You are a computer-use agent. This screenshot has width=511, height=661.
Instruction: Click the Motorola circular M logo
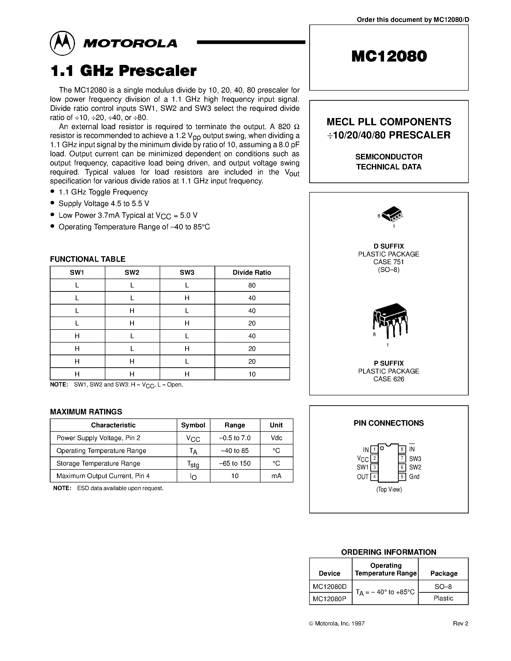click(x=62, y=43)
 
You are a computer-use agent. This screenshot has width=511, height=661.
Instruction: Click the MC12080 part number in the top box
click(x=389, y=56)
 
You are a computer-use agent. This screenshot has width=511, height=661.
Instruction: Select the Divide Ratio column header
click(x=252, y=272)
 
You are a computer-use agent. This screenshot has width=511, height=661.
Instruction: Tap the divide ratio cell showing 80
click(x=252, y=285)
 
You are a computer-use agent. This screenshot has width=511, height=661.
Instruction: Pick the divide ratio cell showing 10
click(x=252, y=374)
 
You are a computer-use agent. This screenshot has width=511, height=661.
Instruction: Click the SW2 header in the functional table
click(x=132, y=272)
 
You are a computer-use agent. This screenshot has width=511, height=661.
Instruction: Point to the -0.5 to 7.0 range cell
click(x=235, y=438)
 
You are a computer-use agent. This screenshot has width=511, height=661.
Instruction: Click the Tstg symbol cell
click(x=193, y=464)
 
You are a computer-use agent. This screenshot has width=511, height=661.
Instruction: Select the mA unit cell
click(x=276, y=476)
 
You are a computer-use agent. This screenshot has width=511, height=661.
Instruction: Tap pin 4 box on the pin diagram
click(x=374, y=477)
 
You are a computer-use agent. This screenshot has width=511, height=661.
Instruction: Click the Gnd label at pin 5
click(x=414, y=477)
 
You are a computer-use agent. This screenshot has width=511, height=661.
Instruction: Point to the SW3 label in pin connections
click(x=415, y=459)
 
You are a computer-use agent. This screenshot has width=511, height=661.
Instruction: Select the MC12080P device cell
click(x=330, y=598)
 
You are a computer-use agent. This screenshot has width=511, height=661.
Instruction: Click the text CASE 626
click(x=389, y=379)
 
